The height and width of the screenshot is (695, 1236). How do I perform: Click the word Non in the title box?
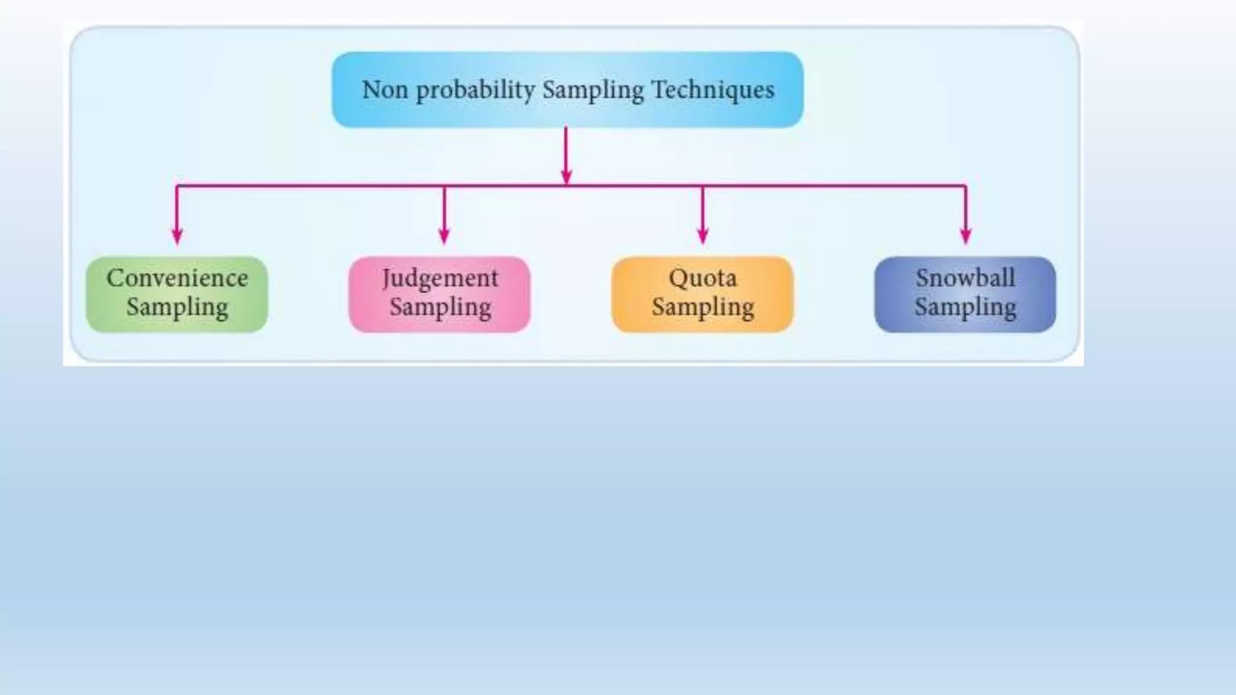pyautogui.click(x=384, y=90)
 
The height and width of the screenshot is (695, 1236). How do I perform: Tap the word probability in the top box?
pyautogui.click(x=475, y=90)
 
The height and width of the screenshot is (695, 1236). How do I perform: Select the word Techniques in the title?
pyautogui.click(x=713, y=90)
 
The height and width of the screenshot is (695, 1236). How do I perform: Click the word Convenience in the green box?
pyautogui.click(x=177, y=278)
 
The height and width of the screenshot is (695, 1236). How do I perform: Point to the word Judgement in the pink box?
pyautogui.click(x=440, y=279)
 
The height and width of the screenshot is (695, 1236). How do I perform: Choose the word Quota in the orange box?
pyautogui.click(x=702, y=279)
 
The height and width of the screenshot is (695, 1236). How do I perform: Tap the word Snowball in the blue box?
pyautogui.click(x=965, y=278)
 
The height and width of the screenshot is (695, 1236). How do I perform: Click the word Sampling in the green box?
pyautogui.click(x=177, y=307)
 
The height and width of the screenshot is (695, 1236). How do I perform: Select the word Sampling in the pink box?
pyautogui.click(x=440, y=307)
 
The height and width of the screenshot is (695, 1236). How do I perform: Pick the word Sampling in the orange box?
pyautogui.click(x=702, y=307)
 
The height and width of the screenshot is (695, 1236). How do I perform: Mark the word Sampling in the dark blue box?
pyautogui.click(x=965, y=307)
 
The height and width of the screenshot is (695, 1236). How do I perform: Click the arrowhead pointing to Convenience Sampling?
pyautogui.click(x=177, y=236)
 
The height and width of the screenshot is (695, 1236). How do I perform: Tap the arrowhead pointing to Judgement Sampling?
pyautogui.click(x=444, y=236)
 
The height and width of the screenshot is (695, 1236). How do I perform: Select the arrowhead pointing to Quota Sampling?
pyautogui.click(x=702, y=236)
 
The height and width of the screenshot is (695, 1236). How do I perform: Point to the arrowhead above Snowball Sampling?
pyautogui.click(x=966, y=236)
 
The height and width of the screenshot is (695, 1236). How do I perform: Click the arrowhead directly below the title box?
pyautogui.click(x=566, y=176)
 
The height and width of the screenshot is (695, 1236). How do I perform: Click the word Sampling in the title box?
pyautogui.click(x=593, y=90)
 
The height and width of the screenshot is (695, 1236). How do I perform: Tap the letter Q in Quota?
pyautogui.click(x=678, y=278)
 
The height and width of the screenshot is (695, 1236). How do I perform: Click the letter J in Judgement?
pyautogui.click(x=386, y=279)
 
